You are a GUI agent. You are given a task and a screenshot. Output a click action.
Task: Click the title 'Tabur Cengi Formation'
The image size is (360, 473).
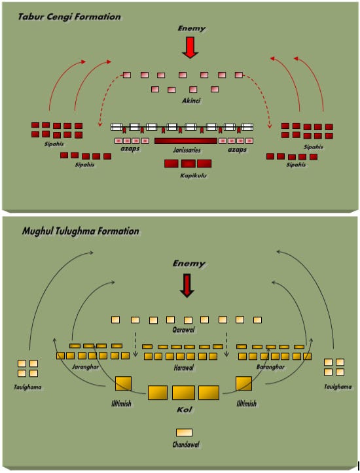point(69,16)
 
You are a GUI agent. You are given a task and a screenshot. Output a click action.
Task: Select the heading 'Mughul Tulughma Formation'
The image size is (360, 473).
point(81,232)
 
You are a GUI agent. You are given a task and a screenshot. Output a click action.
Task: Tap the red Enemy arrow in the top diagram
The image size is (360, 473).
point(190,47)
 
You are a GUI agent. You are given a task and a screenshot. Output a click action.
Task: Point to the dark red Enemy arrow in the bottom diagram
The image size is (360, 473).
point(187,285)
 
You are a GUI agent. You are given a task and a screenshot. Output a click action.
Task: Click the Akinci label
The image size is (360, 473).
point(190,101)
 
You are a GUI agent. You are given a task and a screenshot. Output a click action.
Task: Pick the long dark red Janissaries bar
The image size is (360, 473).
point(186,141)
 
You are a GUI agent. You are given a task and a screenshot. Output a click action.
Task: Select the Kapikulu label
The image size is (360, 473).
point(193,175)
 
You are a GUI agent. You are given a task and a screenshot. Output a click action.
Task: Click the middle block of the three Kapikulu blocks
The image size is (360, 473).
point(189,164)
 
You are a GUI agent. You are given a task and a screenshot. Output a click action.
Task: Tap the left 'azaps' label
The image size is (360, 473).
point(130,149)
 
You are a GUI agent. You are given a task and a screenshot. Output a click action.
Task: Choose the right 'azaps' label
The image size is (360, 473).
point(237,149)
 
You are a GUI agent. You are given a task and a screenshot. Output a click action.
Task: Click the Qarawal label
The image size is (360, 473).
point(183,330)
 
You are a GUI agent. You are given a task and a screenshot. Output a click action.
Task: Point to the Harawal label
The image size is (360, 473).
point(184,368)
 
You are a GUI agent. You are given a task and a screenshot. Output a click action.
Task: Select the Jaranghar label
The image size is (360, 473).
point(85,367)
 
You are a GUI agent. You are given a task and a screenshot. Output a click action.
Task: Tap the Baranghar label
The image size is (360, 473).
point(271,367)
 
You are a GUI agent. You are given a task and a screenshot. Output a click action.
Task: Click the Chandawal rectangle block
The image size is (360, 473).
point(184,432)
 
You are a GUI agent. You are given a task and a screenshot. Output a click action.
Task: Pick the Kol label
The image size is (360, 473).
point(185,410)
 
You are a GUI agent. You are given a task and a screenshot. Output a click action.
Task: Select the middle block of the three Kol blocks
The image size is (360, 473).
point(183,393)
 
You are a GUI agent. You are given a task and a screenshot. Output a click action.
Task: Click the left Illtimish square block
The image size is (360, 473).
point(123,384)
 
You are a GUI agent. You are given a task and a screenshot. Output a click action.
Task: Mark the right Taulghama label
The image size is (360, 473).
point(338,387)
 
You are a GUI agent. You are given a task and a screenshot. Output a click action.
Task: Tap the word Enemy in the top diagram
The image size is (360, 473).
point(192,29)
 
